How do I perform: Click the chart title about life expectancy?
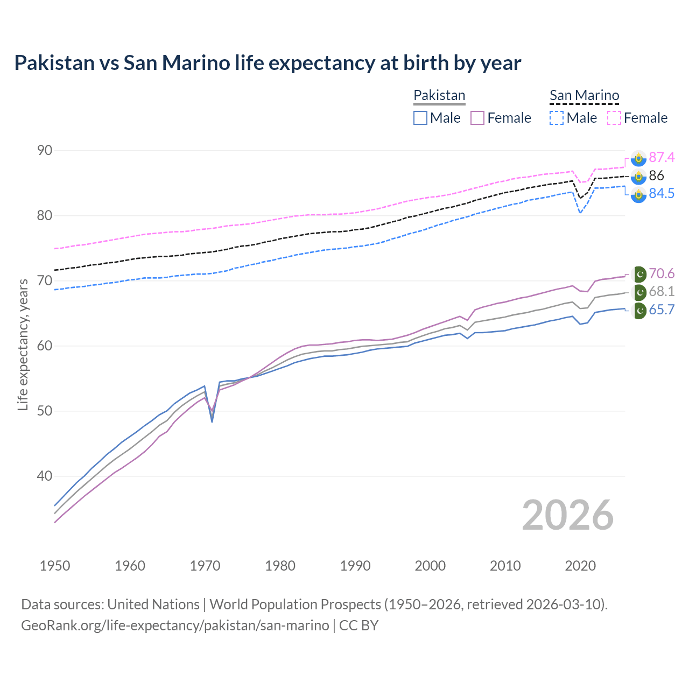point(268,63)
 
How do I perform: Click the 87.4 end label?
point(661,157)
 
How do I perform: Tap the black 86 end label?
point(656,175)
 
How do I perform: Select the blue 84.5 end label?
point(661,193)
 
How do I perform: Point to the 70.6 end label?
point(661,273)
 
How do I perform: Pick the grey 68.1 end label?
point(661,291)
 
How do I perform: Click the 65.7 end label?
point(661,310)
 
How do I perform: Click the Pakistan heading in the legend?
point(439,95)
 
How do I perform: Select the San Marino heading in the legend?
point(584,95)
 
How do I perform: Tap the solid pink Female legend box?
point(477,118)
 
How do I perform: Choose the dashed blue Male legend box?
point(557,118)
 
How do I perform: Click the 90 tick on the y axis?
point(45,150)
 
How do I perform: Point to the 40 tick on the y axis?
point(45,476)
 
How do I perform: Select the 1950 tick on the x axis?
point(55,566)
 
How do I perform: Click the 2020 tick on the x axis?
point(580,566)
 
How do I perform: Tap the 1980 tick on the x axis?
point(280,566)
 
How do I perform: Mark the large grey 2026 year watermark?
point(567,515)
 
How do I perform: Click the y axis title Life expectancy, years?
point(23,344)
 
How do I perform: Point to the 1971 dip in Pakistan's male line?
point(212,421)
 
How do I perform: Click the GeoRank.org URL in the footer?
point(175,625)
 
